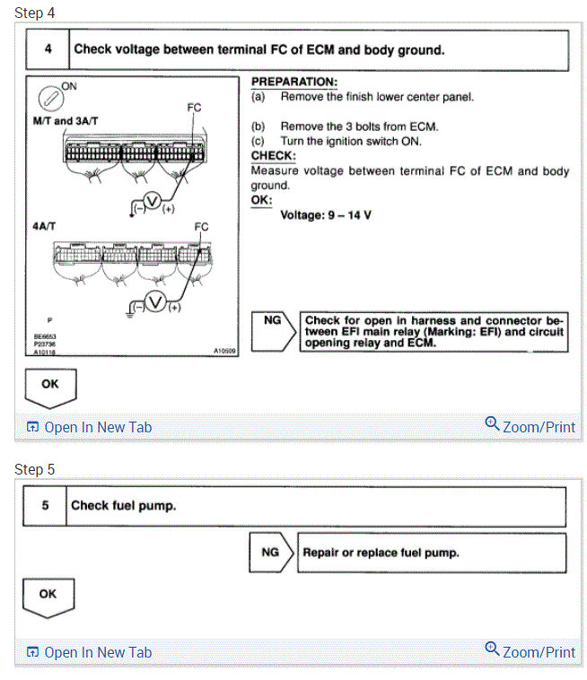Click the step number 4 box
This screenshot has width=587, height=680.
pos(48,50)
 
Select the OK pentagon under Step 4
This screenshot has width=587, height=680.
pos(51,386)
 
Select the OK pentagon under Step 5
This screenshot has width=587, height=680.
pos(48,596)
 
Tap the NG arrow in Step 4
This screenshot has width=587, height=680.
pos(273,330)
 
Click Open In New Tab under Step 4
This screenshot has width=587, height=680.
pos(90,428)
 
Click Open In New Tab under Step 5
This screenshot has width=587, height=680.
pos(90,653)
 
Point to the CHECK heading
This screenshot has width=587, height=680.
pos(272,155)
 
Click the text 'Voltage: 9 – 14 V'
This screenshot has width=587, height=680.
pos(326,215)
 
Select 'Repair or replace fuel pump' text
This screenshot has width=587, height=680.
pos(381,553)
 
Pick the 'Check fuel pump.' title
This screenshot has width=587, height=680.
pos(124,506)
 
